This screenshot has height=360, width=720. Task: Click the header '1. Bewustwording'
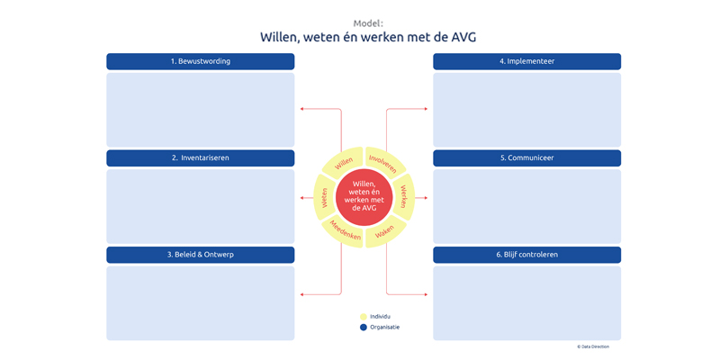tap(200, 61)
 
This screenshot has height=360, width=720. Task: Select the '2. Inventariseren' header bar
tap(200, 158)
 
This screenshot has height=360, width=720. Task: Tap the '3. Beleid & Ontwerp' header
tap(200, 255)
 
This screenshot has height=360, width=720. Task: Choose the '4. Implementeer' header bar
tap(526, 61)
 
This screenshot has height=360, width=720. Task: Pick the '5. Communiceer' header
tap(526, 158)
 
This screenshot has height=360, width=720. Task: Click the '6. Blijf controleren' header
tap(526, 255)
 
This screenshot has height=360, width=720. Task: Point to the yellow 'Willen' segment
tap(344, 163)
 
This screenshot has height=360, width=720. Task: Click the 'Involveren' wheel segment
tap(383, 163)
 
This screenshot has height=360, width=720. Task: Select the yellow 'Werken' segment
tap(403, 197)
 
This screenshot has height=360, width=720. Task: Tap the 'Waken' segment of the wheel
tap(384, 232)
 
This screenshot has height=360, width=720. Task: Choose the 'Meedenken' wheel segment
tap(344, 232)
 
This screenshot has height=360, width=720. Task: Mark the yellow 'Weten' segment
tap(324, 197)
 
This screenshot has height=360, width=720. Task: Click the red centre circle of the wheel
tap(364, 197)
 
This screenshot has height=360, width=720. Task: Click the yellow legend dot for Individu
tap(364, 317)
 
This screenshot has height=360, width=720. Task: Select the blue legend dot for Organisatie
tap(364, 328)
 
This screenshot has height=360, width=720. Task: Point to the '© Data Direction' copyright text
tap(593, 346)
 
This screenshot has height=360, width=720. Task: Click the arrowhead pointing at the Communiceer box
tap(426, 198)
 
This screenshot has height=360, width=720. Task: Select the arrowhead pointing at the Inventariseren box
tap(301, 198)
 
